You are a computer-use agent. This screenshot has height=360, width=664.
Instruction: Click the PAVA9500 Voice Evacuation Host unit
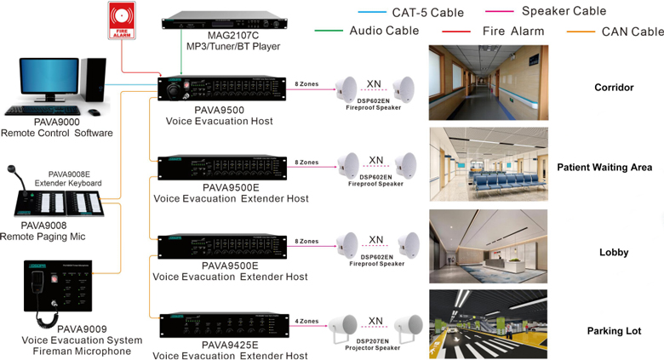pyautogui.click(x=222, y=89)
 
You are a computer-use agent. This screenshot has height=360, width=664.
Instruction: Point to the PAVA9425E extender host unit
pyautogui.click(x=222, y=324)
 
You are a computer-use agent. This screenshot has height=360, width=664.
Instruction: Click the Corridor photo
pyautogui.click(x=488, y=82)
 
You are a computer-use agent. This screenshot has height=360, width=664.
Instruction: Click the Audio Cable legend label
pyautogui.click(x=384, y=31)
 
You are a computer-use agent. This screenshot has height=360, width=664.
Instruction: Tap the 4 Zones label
pyautogui.click(x=306, y=322)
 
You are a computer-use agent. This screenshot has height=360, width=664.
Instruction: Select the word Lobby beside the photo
pyautogui.click(x=613, y=252)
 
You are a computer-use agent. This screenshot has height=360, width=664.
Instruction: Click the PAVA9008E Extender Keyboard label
pyautogui.click(x=68, y=179)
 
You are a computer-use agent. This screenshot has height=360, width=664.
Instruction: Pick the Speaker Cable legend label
pyautogui.click(x=564, y=11)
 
